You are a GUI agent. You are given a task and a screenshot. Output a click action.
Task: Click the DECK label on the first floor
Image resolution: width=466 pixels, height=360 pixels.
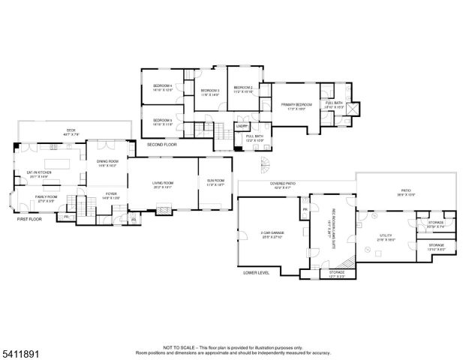coord(71,130)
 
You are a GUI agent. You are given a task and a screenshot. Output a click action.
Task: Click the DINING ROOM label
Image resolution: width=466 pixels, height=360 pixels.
coord(107,161)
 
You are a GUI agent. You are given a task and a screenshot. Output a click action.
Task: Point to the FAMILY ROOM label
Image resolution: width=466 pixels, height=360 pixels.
coord(47,196)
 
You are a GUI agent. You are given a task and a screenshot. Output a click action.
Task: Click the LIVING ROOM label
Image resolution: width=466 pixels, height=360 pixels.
coord(163,182)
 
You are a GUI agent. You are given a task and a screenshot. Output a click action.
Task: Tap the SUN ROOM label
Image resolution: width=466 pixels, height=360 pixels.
coord(215,181)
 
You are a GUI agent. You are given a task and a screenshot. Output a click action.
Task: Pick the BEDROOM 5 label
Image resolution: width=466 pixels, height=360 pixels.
coord(163,120)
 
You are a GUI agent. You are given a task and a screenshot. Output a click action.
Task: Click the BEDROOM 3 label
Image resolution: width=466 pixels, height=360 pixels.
coord(209,91)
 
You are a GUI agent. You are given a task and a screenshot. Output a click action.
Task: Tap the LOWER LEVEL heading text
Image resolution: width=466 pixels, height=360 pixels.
coord(256,273)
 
